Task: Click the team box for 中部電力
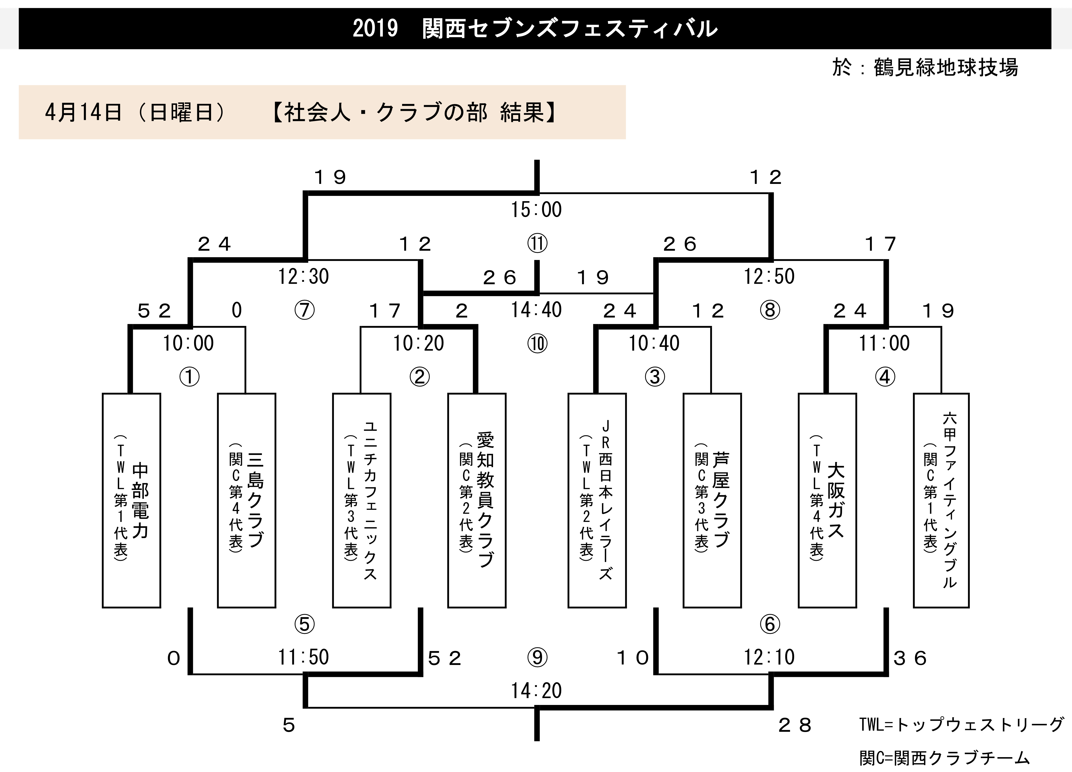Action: [131, 500]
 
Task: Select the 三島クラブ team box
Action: [246, 500]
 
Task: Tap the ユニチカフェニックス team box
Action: [362, 500]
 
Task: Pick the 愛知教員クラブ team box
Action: [477, 500]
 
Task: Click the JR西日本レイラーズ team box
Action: [597, 500]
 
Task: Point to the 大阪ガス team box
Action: [827, 500]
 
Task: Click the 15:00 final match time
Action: [536, 210]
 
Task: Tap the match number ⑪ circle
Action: [537, 244]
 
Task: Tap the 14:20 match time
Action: [536, 691]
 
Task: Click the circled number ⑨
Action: [537, 657]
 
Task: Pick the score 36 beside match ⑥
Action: [910, 658]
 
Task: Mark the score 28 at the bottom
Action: [795, 725]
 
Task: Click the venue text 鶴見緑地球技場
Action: [946, 67]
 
